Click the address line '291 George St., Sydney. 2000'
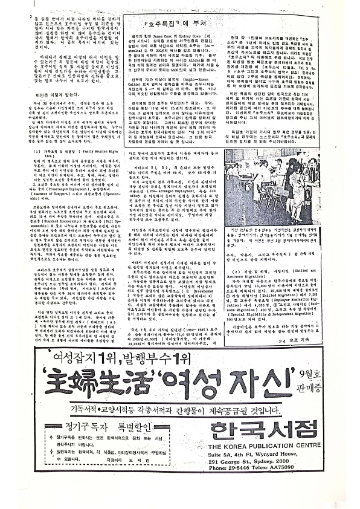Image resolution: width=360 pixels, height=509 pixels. [261, 461]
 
